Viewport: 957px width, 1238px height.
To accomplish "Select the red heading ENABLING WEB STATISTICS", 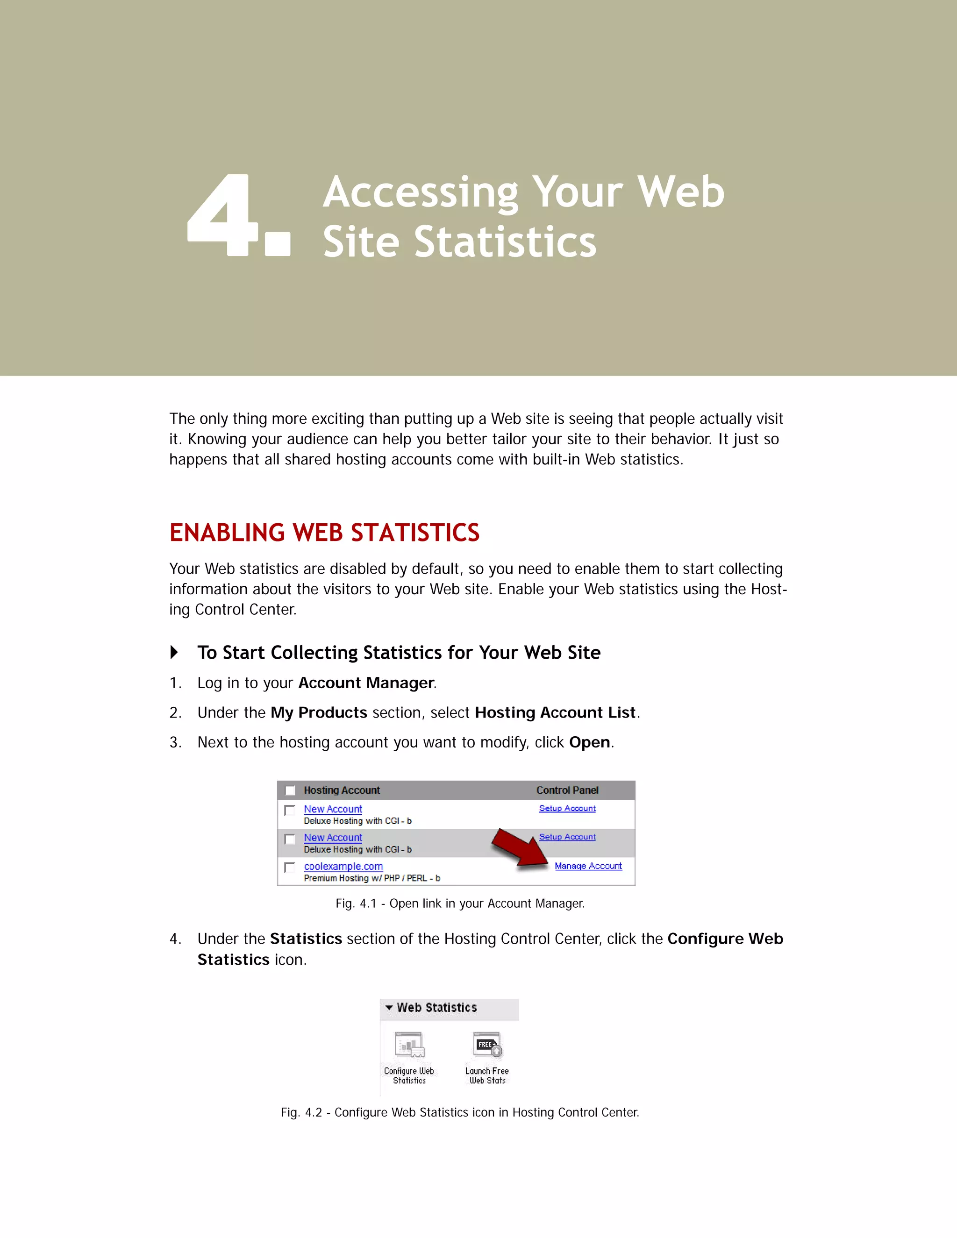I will (324, 533).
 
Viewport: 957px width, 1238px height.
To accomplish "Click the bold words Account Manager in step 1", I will (366, 683).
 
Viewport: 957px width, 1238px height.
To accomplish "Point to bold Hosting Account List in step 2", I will (555, 712).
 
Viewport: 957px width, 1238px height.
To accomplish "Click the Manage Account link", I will (588, 866).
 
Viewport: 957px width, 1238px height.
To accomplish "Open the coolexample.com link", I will (343, 866).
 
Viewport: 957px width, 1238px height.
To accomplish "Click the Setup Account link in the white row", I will (567, 808).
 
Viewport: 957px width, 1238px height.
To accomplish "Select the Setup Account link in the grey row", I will (567, 837).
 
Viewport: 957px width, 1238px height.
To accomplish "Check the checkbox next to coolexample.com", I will (290, 867).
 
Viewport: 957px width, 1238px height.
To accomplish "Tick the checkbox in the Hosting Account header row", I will (290, 790).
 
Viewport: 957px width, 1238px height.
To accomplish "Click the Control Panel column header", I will (567, 790).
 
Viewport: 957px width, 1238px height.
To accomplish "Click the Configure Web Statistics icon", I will (409, 1045).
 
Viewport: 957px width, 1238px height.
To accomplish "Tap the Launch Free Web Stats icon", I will (487, 1045).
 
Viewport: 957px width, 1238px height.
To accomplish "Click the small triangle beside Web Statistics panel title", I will (389, 1007).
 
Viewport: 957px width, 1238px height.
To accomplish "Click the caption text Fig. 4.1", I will (356, 904).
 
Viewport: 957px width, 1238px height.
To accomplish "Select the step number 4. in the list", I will (175, 939).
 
